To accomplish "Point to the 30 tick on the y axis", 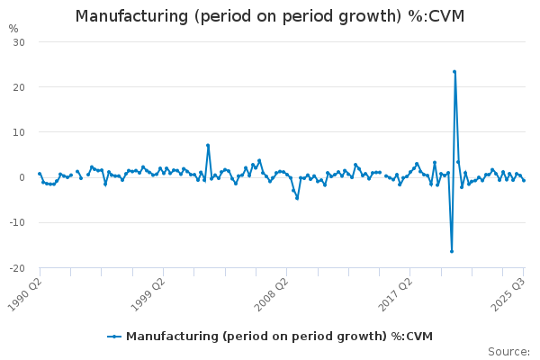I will [x=19, y=42].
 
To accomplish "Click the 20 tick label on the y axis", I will [x=19, y=87].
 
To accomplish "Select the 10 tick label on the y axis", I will [x=19, y=132].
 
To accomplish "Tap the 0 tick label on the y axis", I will [x=22, y=177].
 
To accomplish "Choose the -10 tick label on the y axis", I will [x=17, y=222].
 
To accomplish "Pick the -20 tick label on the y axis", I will [x=17, y=267].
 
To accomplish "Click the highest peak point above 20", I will [x=454, y=72].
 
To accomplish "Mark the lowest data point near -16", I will [x=452, y=251].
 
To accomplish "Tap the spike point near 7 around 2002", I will [x=208, y=145].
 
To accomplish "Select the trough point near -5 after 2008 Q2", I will [x=297, y=198].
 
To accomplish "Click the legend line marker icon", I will [x=114, y=337].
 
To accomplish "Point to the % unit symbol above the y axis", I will [x=13, y=28].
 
